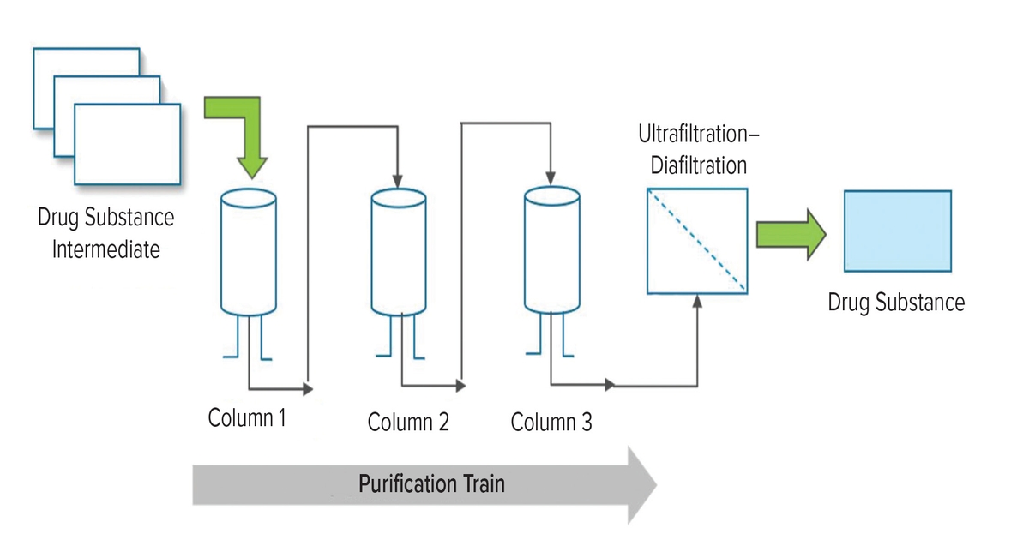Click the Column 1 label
pyautogui.click(x=247, y=420)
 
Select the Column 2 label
pyautogui.click(x=408, y=423)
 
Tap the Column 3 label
pyautogui.click(x=551, y=423)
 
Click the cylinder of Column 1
pyautogui.click(x=249, y=253)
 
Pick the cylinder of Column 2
pyautogui.click(x=399, y=253)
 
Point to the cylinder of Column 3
pyautogui.click(x=552, y=253)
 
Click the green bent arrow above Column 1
pyautogui.click(x=244, y=129)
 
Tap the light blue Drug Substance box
pyautogui.click(x=897, y=231)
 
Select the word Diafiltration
pyautogui.click(x=698, y=165)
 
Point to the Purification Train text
pyautogui.click(x=431, y=483)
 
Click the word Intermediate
pyautogui.click(x=106, y=250)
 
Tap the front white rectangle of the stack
pyautogui.click(x=127, y=143)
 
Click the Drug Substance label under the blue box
pyautogui.click(x=896, y=303)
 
